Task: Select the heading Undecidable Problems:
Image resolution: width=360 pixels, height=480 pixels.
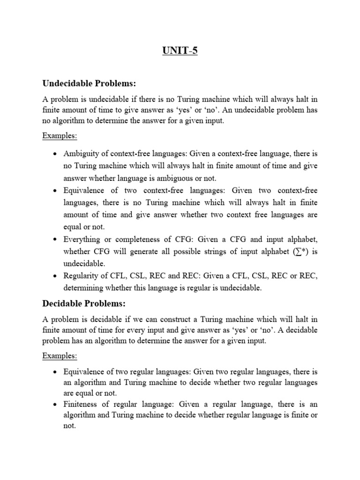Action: pyautogui.click(x=89, y=83)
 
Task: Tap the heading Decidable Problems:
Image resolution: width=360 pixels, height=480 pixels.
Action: pyautogui.click(x=84, y=304)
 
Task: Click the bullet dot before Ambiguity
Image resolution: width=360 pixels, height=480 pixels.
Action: pyautogui.click(x=56, y=154)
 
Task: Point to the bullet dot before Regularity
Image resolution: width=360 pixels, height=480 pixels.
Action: pyautogui.click(x=56, y=276)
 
